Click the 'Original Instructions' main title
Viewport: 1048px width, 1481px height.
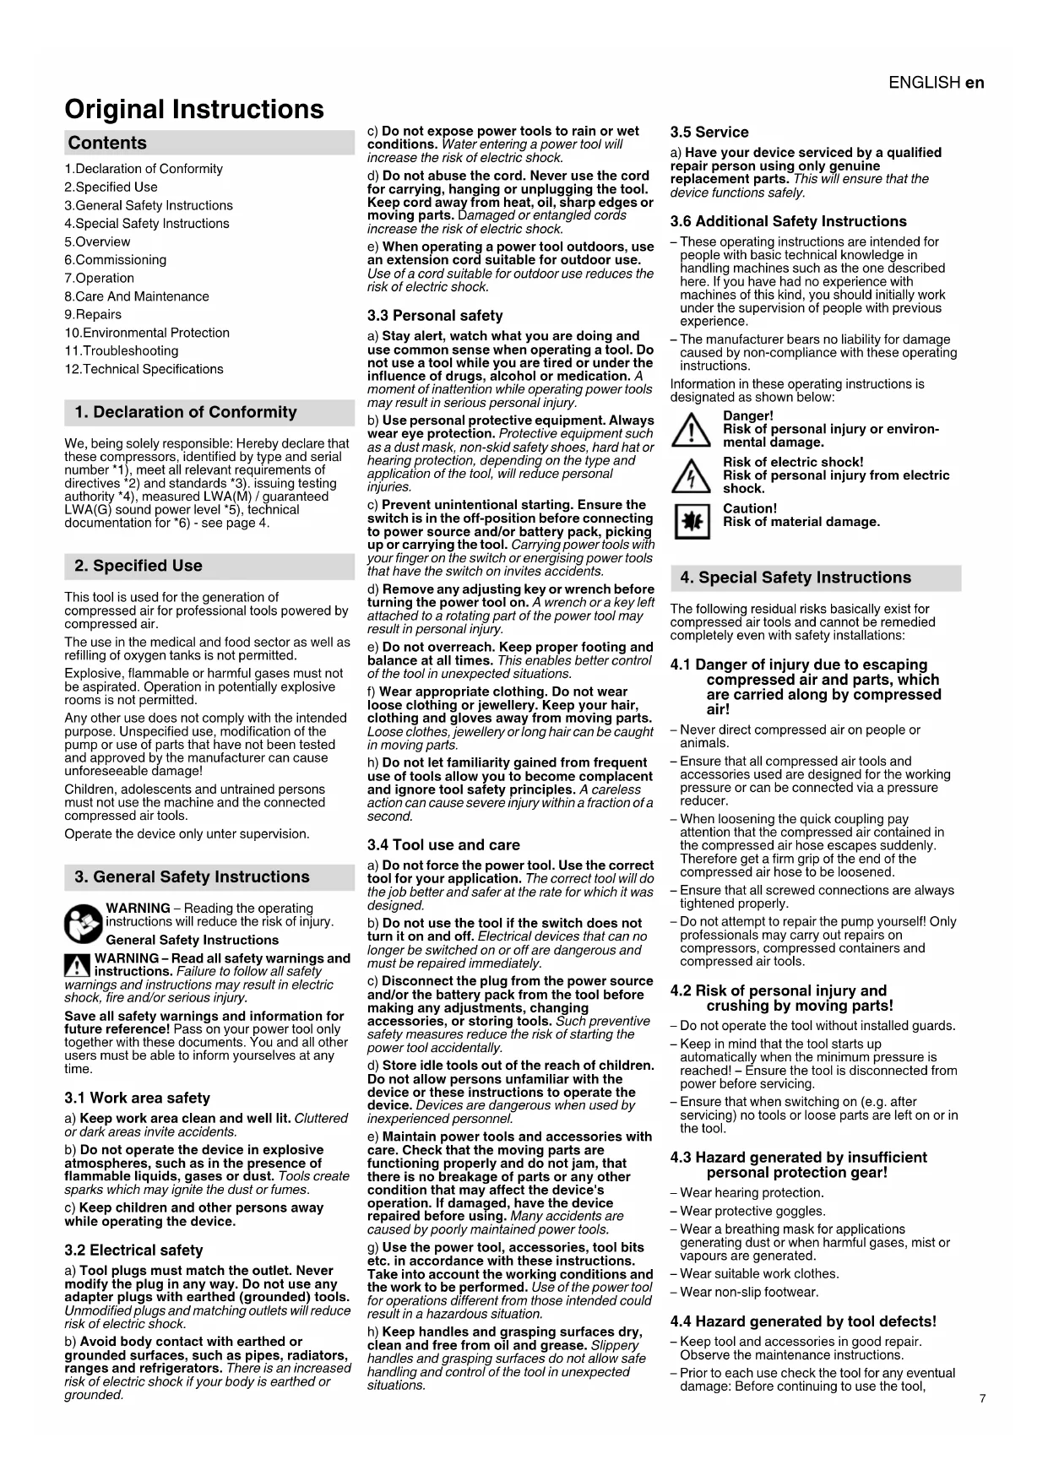point(193,110)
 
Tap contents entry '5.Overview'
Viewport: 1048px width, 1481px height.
point(97,242)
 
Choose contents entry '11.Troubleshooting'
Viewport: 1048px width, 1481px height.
point(122,351)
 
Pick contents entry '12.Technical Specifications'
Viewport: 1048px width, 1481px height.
point(144,370)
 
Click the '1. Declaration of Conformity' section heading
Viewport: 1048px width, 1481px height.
point(186,413)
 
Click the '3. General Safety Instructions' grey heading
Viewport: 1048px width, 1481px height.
point(192,877)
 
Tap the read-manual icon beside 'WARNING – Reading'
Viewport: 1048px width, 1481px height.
point(83,923)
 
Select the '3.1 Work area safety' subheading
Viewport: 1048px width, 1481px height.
point(137,1099)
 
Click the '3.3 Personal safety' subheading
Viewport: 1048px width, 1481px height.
point(435,316)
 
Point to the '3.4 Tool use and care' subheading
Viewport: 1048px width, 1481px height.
point(443,845)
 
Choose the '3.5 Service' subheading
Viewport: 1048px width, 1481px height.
point(709,133)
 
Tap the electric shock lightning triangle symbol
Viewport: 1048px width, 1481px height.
point(691,476)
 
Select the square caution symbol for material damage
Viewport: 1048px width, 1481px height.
point(691,522)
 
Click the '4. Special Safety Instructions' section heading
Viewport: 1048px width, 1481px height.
point(796,578)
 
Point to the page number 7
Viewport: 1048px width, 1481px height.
point(982,1399)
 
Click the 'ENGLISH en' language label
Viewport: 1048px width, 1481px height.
point(936,83)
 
